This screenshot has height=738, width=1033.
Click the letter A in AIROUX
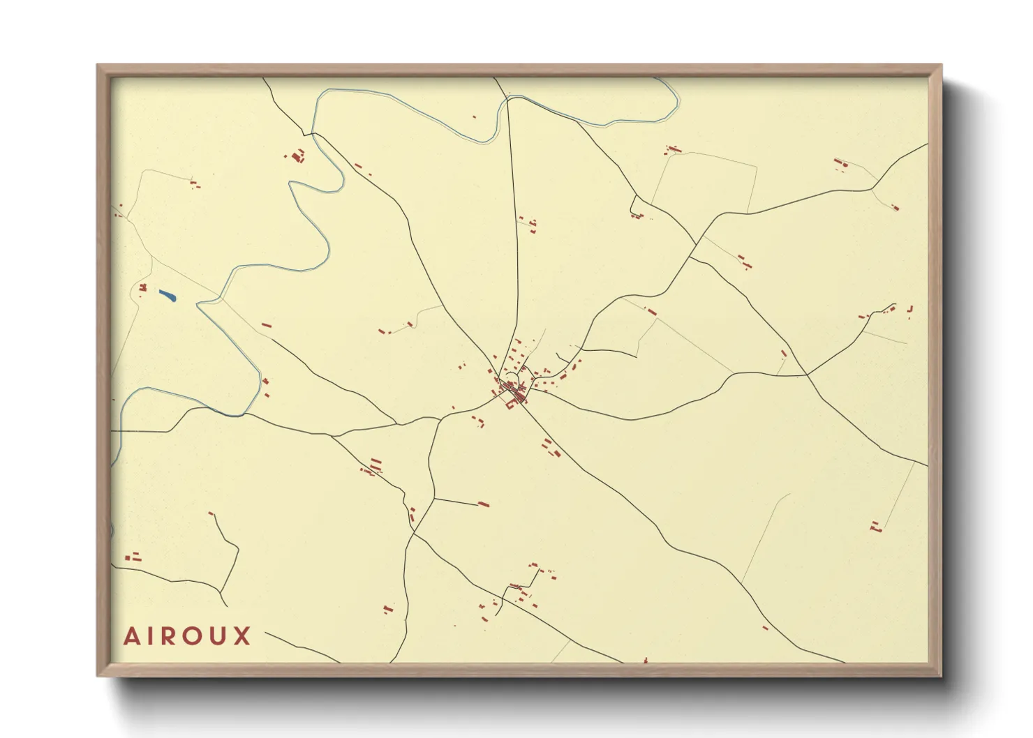131,636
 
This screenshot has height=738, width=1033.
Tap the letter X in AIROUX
242,636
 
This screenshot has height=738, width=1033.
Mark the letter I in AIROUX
148,636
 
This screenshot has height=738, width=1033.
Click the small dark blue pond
168,296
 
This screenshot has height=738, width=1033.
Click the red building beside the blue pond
143,287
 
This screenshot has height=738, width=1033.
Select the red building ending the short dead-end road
483,504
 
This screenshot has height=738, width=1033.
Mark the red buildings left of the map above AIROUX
133,557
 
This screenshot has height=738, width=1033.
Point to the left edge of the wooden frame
102,370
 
